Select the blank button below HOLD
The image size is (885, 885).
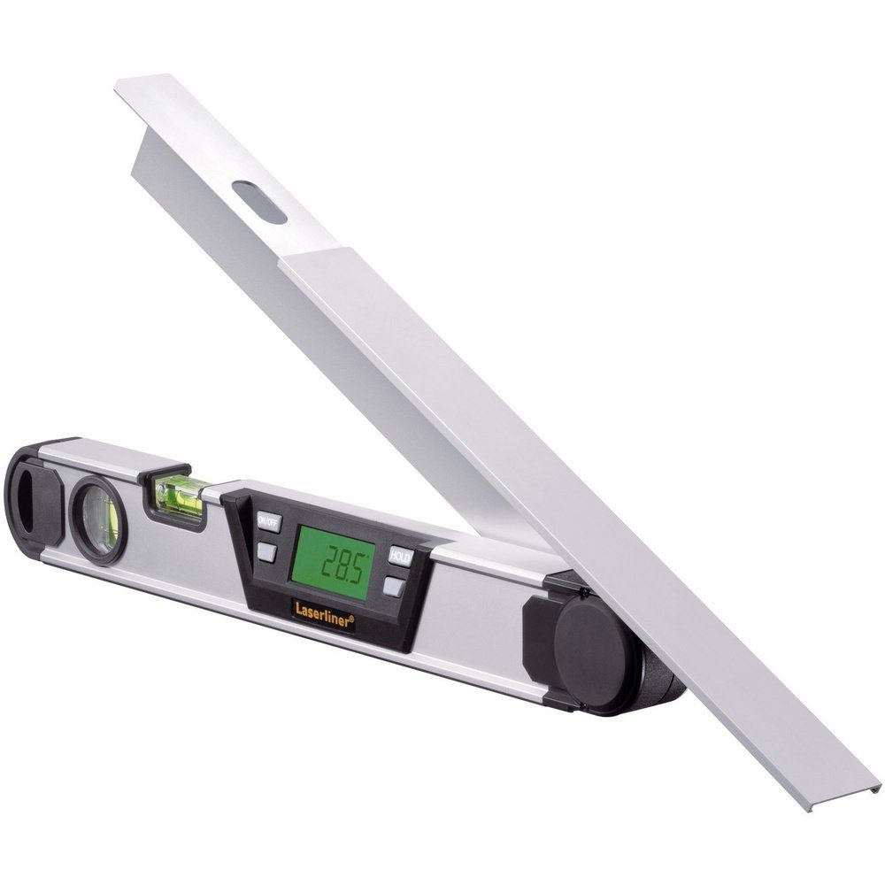point(395,586)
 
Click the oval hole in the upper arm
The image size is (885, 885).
point(259,202)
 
